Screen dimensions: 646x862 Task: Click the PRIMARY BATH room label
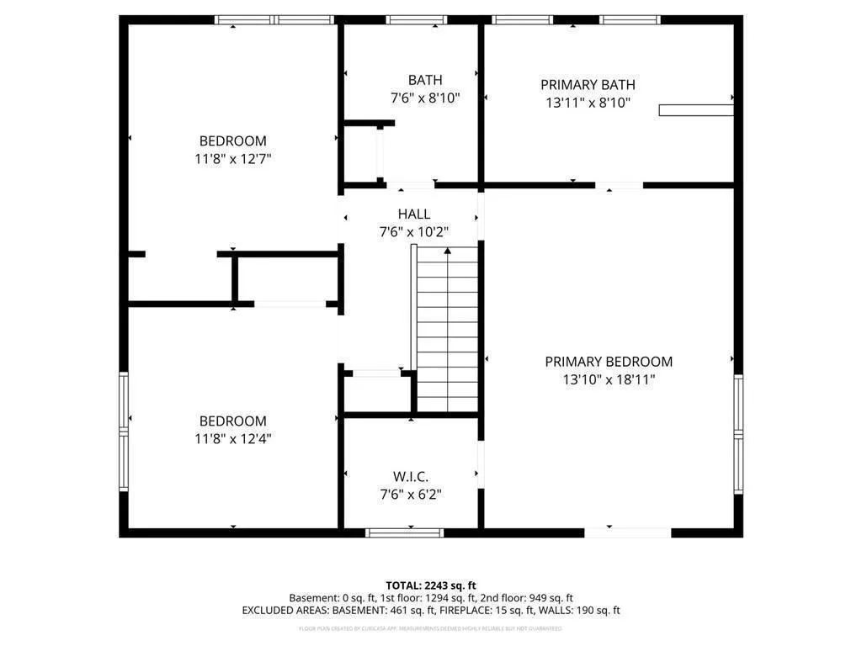point(588,84)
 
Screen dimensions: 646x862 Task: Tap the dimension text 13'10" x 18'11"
point(609,379)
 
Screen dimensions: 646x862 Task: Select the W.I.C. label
point(411,476)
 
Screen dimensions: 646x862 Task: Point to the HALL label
point(414,214)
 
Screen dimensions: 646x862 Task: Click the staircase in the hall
point(448,328)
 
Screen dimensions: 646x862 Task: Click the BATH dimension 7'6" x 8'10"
point(425,98)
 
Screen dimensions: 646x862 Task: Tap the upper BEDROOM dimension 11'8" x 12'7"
point(232,158)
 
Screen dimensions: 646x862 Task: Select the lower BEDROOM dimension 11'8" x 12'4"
point(232,438)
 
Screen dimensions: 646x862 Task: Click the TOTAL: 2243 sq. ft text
point(431,585)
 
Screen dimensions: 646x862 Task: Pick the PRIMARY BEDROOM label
point(609,362)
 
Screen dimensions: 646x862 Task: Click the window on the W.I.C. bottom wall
point(405,532)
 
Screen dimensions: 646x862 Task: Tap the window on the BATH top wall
point(417,19)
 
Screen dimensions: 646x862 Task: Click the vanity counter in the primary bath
point(695,109)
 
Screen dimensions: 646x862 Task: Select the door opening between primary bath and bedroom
point(620,185)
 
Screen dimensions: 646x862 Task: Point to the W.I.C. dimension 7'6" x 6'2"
point(411,494)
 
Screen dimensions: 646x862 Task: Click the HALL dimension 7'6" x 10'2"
point(414,232)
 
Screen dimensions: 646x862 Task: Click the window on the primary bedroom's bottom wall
point(628,532)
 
